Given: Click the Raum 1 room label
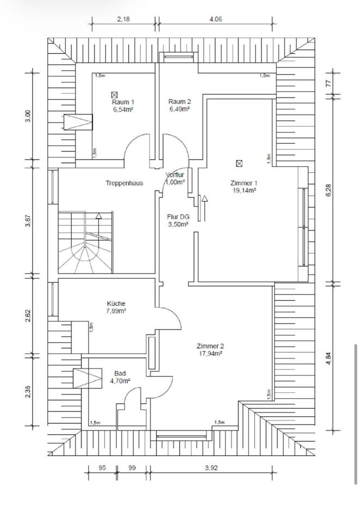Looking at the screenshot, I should pos(123,102).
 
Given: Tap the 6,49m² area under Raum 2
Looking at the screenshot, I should pos(179,109).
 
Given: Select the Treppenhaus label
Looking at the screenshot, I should pos(124,183).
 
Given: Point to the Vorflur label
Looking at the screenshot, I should pos(175,175).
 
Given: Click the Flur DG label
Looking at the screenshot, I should pos(178,216).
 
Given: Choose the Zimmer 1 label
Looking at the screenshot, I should pos(243,183).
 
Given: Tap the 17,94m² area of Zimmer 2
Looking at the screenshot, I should pos(210,353).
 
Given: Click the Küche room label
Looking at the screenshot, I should pos(117,303).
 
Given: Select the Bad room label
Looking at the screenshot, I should pos(120,373).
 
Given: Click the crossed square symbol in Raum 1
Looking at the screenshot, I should pos(114,94).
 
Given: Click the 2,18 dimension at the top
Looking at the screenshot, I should pos(123,19).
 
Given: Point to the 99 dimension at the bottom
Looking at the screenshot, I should pos(132,467).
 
